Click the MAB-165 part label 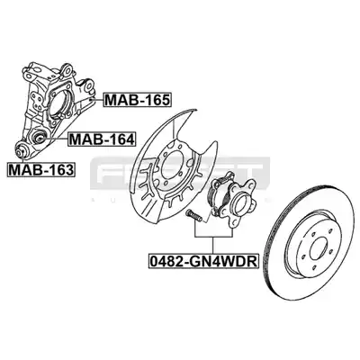pyautogui.click(x=138, y=100)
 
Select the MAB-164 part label pyautogui.click(x=102, y=139)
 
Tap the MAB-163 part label pyautogui.click(x=40, y=169)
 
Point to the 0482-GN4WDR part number pyautogui.click(x=203, y=261)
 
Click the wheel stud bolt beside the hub pyautogui.click(x=194, y=216)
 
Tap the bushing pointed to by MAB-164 pyautogui.click(x=39, y=138)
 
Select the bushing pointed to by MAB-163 pyautogui.click(x=21, y=151)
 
